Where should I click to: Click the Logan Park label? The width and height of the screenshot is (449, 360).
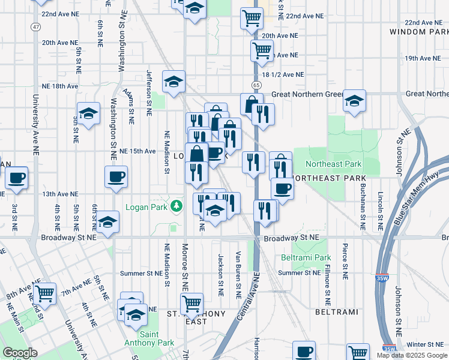146,207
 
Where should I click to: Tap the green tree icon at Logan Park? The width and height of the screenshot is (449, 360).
176,207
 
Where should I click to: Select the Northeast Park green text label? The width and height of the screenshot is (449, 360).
333,164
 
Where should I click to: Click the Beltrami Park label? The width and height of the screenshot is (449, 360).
306,257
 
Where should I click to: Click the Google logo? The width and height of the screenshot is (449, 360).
20,353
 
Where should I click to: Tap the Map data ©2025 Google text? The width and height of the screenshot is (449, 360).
412,355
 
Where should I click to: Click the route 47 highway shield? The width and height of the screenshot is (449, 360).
37,27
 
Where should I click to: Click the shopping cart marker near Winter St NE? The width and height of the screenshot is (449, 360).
358,353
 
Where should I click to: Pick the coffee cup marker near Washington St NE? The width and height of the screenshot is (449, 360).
116,176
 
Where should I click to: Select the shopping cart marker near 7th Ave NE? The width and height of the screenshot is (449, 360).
45,293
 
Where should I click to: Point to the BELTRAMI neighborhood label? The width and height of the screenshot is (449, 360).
336,312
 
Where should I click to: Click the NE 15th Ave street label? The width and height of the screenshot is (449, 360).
137,151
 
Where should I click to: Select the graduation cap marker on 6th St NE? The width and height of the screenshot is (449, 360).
108,221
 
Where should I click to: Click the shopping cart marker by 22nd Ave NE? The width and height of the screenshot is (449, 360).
252,17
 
